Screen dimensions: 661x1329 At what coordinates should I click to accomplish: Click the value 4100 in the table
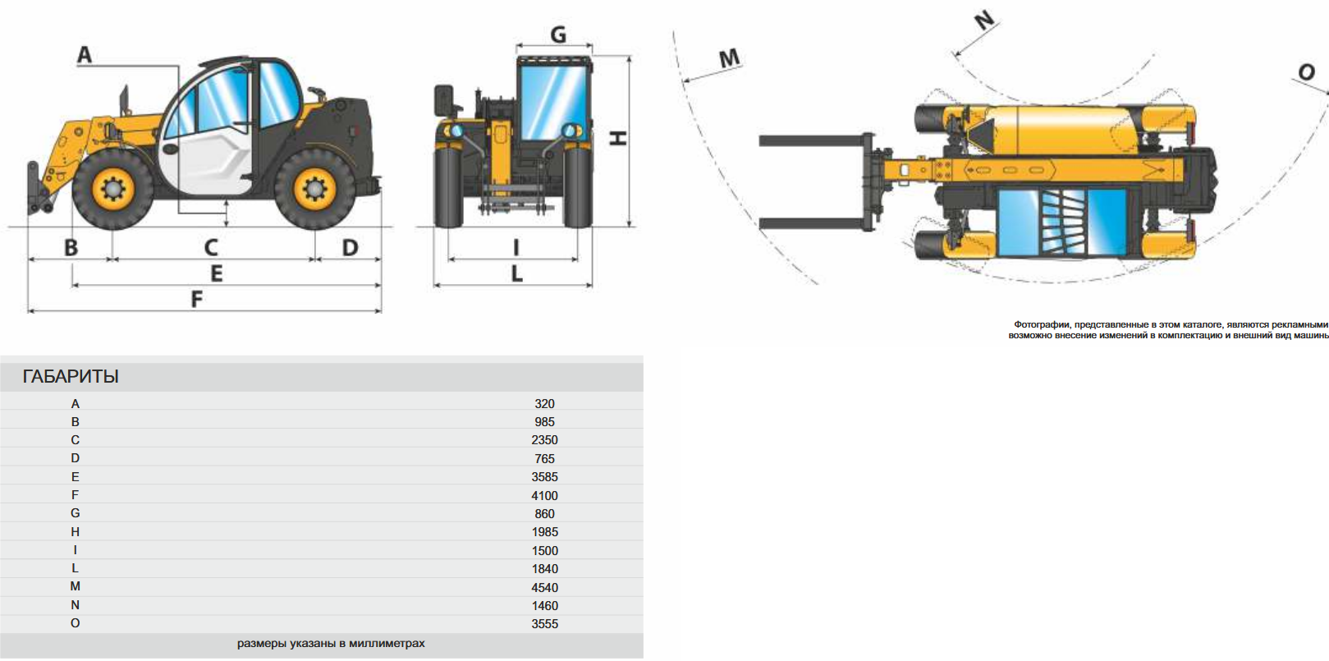pos(544,495)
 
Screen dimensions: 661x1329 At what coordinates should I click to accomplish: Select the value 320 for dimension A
pos(544,403)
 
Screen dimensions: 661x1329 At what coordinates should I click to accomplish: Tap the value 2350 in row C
pos(544,440)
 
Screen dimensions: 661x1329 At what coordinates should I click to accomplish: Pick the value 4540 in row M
pos(544,587)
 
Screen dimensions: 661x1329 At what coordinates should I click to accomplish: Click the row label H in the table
pos(76,532)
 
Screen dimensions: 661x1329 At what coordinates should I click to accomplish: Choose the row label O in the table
pos(76,623)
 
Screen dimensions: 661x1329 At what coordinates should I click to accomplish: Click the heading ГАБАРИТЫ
pos(71,376)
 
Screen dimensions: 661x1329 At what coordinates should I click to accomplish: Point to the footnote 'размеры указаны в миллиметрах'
pos(331,643)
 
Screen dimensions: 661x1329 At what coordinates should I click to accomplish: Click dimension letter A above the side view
pos(85,55)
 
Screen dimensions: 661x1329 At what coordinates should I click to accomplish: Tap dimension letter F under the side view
pos(197,300)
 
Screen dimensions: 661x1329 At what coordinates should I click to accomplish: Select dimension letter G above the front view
pos(558,34)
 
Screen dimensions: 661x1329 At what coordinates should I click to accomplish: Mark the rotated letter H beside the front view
pos(618,138)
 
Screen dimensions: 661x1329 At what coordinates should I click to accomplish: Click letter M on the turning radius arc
pos(729,58)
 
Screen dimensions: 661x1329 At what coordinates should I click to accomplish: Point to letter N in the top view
pos(984,20)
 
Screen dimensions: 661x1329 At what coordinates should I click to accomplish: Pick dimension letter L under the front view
pos(516,273)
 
